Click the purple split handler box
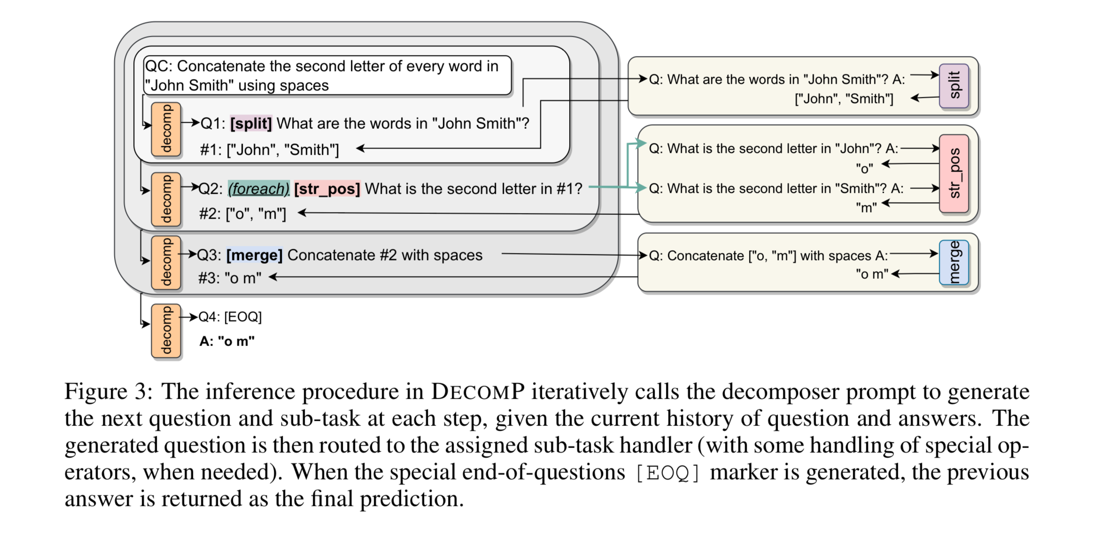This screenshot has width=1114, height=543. tap(953, 86)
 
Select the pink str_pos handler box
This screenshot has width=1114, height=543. tap(953, 173)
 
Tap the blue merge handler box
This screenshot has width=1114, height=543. tap(953, 262)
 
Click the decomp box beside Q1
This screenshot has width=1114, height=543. tap(166, 129)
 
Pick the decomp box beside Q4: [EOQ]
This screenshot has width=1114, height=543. tap(166, 331)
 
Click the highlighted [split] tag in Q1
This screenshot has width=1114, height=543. tap(251, 124)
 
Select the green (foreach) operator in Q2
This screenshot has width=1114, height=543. tap(258, 189)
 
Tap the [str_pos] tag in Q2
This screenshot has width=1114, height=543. tap(327, 189)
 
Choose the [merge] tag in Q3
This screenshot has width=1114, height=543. tap(254, 255)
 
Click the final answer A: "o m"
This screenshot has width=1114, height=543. tap(227, 341)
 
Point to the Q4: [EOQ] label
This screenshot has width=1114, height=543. tap(230, 317)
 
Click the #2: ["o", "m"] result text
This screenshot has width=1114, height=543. tap(242, 214)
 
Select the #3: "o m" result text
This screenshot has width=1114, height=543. tap(230, 278)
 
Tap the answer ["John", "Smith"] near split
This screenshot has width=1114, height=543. tap(843, 99)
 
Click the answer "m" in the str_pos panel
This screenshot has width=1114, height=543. tap(866, 207)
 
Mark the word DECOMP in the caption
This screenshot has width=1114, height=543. tap(478, 392)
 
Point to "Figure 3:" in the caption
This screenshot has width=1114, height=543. tap(108, 392)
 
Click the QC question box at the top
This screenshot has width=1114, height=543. tap(327, 76)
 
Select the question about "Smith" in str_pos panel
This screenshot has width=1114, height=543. tap(776, 189)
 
